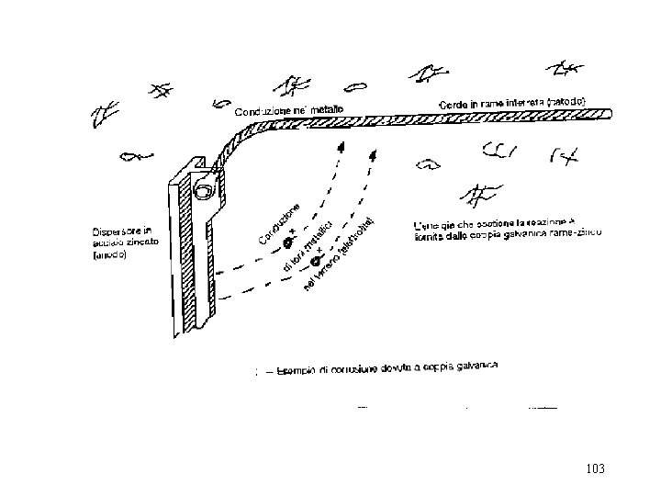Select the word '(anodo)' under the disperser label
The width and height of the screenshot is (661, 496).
(x=109, y=256)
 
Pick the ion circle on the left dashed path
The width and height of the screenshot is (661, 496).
(x=286, y=243)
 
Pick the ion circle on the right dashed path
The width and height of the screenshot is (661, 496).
(x=315, y=262)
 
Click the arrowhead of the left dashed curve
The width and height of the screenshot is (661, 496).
(x=342, y=146)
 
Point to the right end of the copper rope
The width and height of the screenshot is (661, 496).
(x=608, y=111)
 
